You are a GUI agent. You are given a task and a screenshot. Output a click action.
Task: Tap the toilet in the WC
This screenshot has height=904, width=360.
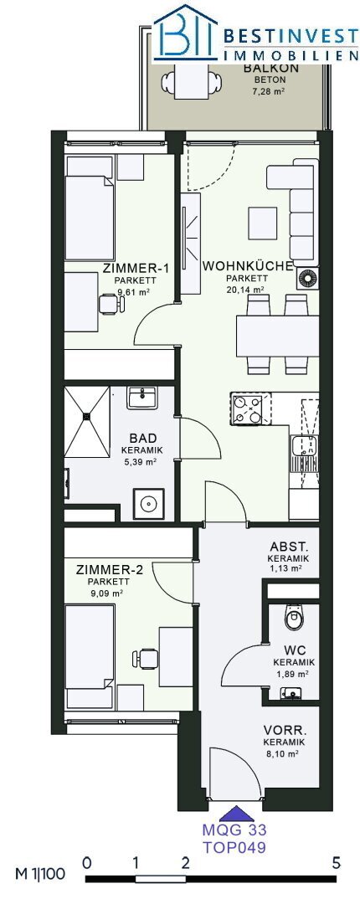coord(293,617)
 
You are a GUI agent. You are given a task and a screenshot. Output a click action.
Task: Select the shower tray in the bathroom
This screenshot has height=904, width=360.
coord(86,415)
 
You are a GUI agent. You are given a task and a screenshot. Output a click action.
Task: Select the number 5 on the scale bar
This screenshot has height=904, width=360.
coord(337,863)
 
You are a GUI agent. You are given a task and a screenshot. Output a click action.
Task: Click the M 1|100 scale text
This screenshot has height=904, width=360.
coord(40,873)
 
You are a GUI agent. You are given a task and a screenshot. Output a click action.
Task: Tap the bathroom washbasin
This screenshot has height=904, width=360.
coord(141,398)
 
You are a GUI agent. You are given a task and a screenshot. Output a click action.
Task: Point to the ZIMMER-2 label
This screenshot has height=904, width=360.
coord(109,570)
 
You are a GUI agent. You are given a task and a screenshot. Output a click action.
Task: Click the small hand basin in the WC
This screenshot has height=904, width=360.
coord(291,692)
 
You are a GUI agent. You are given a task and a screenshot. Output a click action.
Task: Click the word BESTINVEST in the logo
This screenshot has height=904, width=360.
coord(291,36)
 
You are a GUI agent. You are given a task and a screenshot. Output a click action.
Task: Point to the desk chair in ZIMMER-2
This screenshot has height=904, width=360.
coord(144,659)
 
